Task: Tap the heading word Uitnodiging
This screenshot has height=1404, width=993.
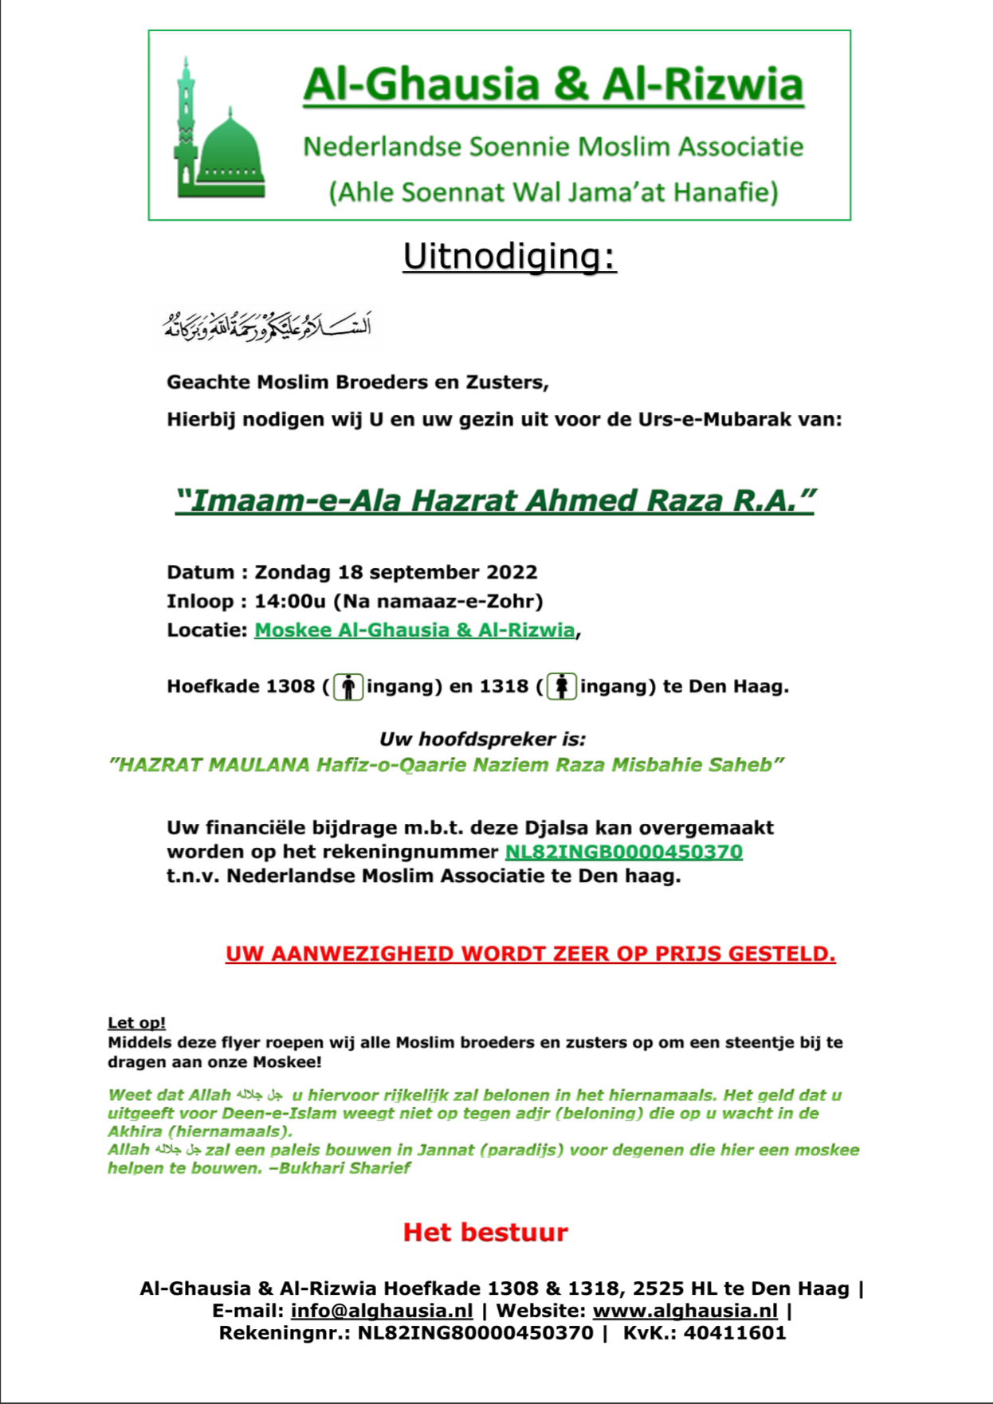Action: pos(508,257)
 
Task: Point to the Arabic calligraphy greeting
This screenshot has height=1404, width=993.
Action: pos(268,327)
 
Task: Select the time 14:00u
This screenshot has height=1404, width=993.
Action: pos(290,601)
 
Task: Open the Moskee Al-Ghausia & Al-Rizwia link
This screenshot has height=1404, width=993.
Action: pos(414,630)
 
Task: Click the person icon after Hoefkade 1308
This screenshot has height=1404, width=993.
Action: pos(348,686)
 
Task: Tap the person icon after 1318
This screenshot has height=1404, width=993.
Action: pos(562,686)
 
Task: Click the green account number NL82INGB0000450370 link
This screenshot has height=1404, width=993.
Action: pos(624,852)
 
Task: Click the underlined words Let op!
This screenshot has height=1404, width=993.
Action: pos(137,1022)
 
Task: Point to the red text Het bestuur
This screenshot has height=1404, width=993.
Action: pos(485,1232)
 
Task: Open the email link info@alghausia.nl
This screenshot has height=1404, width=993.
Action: pos(382,1311)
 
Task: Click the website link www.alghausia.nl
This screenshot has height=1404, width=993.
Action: pos(685,1311)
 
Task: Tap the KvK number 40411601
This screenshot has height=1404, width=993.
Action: pos(735,1333)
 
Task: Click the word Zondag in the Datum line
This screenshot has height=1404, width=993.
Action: pos(292,572)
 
